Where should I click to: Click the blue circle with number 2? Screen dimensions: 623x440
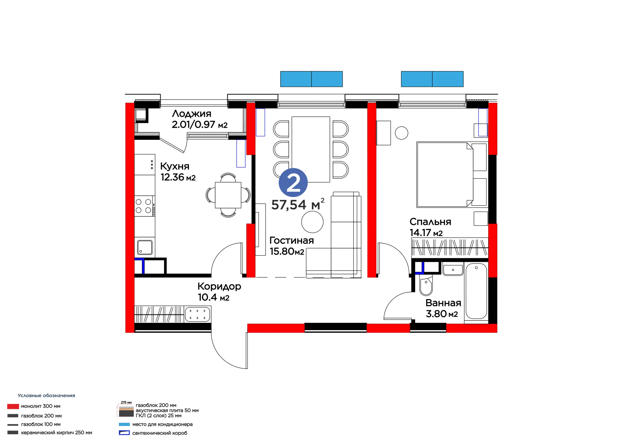[x=293, y=183]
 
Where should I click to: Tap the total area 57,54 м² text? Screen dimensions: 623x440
[x=298, y=204]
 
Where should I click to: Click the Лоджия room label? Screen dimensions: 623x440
[x=192, y=114]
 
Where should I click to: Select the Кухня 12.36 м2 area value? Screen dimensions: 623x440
[x=178, y=177]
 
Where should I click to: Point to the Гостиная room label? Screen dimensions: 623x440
[x=292, y=240]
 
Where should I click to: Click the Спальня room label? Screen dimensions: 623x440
[x=430, y=222]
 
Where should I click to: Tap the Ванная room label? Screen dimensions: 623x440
[x=443, y=303]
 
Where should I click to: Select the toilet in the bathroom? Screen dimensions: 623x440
[x=426, y=285]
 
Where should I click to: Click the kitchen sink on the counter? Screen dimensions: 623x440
[x=145, y=247]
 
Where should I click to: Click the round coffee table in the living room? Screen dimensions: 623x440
[x=312, y=222]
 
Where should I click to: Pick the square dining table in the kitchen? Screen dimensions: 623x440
[x=228, y=195]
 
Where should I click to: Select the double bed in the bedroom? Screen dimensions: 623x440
[x=445, y=174]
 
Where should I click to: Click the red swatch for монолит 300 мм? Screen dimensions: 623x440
[x=13, y=406]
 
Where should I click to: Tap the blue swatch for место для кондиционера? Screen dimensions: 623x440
[x=124, y=424]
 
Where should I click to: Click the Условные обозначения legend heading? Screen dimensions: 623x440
[x=46, y=396]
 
